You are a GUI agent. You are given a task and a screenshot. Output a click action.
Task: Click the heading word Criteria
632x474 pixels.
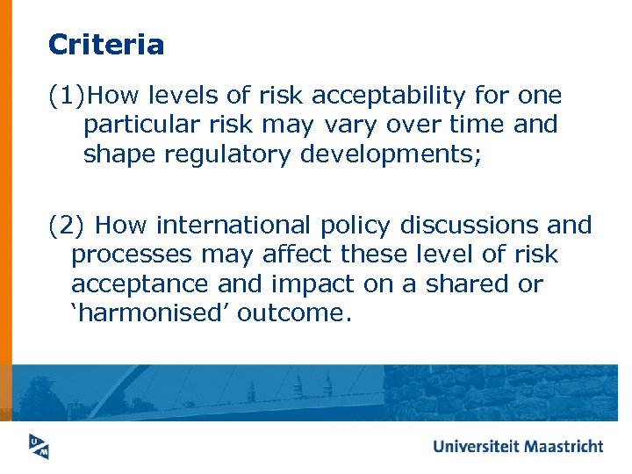[106, 44]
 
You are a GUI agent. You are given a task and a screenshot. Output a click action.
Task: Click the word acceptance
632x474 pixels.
[145, 284]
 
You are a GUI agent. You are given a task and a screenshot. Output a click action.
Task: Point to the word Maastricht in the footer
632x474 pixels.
[564, 446]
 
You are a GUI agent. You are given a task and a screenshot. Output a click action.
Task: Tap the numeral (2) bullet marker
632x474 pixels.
[66, 226]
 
